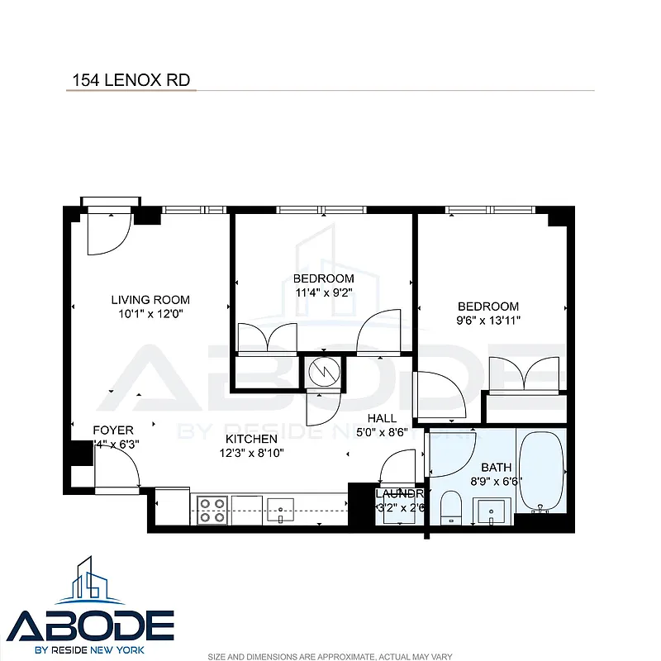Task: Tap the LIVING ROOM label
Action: pyautogui.click(x=151, y=300)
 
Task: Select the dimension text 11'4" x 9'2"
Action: pyautogui.click(x=323, y=292)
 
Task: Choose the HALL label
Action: pyautogui.click(x=382, y=418)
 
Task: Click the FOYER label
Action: pyautogui.click(x=113, y=430)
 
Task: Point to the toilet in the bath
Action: pyautogui.click(x=451, y=506)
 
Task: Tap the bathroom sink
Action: pyautogui.click(x=492, y=510)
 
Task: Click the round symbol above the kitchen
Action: pyautogui.click(x=322, y=373)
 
